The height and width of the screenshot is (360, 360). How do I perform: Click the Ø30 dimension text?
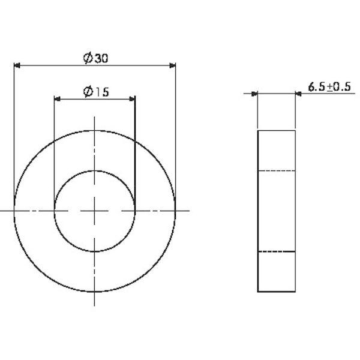point(95,58)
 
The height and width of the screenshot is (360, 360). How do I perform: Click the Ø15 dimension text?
point(96,92)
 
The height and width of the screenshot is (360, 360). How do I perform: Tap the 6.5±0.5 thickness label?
point(329,87)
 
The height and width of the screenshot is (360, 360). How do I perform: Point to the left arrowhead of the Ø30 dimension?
point(17,65)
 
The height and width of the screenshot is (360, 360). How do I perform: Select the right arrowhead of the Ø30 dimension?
point(172,65)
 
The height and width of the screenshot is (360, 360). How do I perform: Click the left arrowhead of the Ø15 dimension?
point(57,99)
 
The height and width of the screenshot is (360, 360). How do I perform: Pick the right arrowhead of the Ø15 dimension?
point(132,99)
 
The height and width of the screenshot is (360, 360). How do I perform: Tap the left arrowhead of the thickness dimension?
point(254,94)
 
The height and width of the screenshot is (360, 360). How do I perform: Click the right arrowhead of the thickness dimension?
point(298,94)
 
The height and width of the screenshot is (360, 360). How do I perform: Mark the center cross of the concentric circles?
point(95,211)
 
